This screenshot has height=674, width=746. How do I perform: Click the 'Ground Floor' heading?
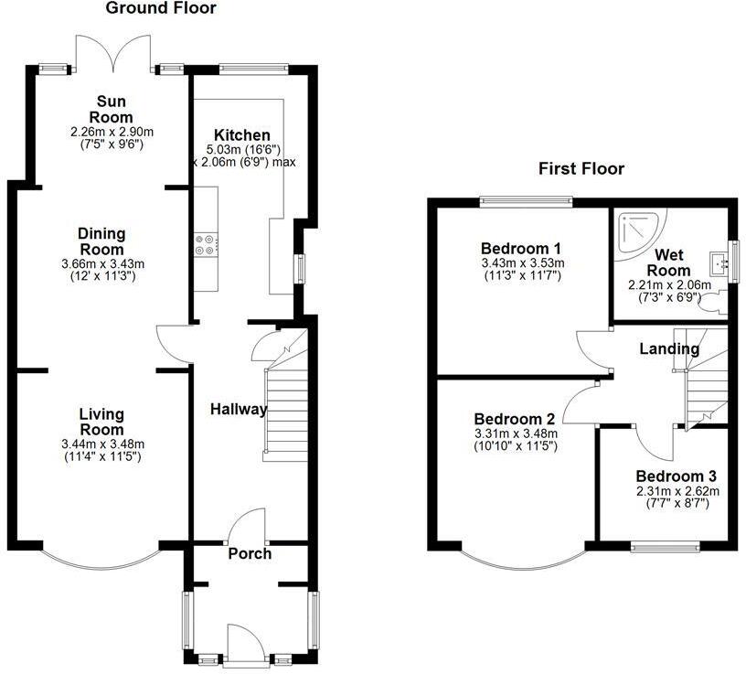[x=161, y=9]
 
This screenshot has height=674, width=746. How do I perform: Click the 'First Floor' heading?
[x=581, y=168]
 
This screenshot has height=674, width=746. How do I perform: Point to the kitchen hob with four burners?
[x=203, y=245]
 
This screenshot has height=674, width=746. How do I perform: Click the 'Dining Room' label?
[x=101, y=241]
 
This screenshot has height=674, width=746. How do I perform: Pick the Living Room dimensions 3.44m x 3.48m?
[x=101, y=444]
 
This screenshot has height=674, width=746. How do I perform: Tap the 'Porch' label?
[x=250, y=553]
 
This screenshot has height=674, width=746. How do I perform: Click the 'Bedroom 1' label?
[x=521, y=249]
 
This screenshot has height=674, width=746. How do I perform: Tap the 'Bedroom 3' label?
[x=676, y=476]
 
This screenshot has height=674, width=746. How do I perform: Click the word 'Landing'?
[x=668, y=348]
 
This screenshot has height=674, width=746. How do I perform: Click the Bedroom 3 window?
[x=665, y=548]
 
